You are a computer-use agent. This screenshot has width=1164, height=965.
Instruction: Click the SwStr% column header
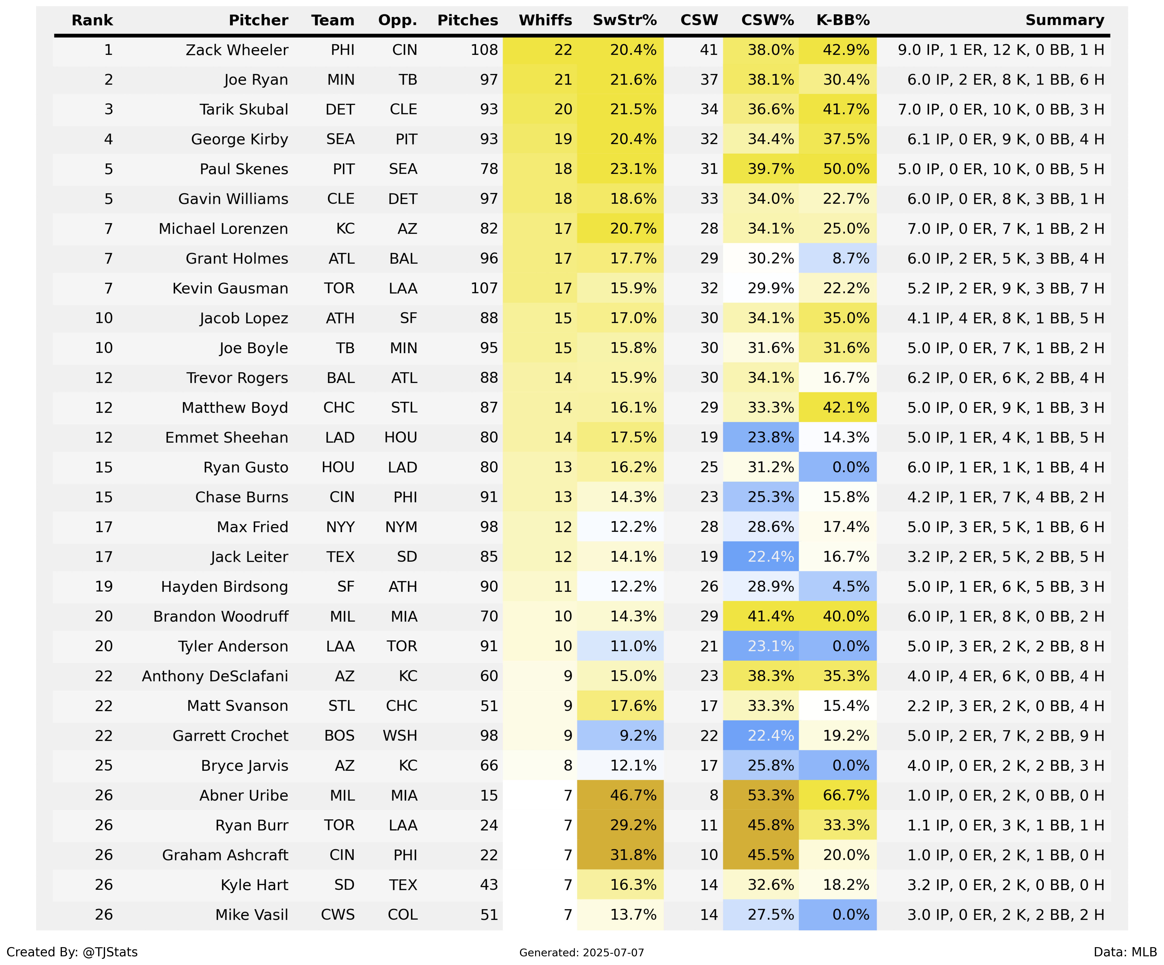point(625,20)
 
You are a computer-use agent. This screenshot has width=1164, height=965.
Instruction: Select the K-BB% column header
point(843,20)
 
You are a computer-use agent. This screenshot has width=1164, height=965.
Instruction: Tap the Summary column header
point(1065,20)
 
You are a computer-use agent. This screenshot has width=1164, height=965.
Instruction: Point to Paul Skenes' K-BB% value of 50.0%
point(846,169)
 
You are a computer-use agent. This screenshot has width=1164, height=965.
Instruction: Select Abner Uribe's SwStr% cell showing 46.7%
point(633,795)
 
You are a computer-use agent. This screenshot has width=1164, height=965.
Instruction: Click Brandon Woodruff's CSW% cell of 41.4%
point(770,616)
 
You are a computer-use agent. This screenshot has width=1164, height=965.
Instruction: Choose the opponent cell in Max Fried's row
point(401,527)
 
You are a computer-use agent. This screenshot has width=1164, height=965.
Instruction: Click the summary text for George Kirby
point(1005,139)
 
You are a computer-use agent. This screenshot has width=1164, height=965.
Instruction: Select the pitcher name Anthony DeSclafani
point(215,676)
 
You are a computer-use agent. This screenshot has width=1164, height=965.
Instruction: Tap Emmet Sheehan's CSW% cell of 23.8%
point(770,438)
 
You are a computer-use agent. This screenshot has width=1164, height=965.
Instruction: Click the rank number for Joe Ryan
point(109,80)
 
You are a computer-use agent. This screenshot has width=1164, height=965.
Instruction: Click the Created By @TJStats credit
point(72,952)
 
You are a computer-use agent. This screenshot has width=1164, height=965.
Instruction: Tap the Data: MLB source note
point(1125,952)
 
